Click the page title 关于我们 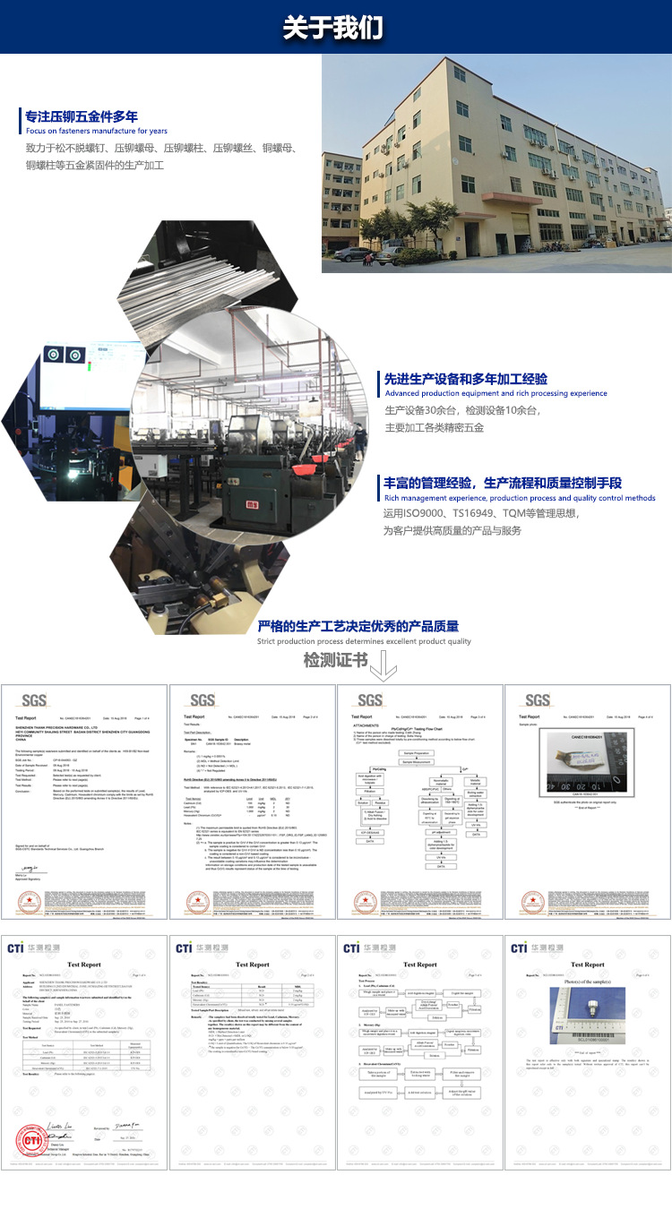pos(334,28)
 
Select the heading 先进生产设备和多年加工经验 pos(453,379)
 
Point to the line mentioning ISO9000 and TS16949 pos(481,514)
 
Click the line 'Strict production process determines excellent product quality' pos(364,641)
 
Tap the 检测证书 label pos(335,661)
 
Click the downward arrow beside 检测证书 pos(383,665)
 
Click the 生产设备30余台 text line pos(462,410)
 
